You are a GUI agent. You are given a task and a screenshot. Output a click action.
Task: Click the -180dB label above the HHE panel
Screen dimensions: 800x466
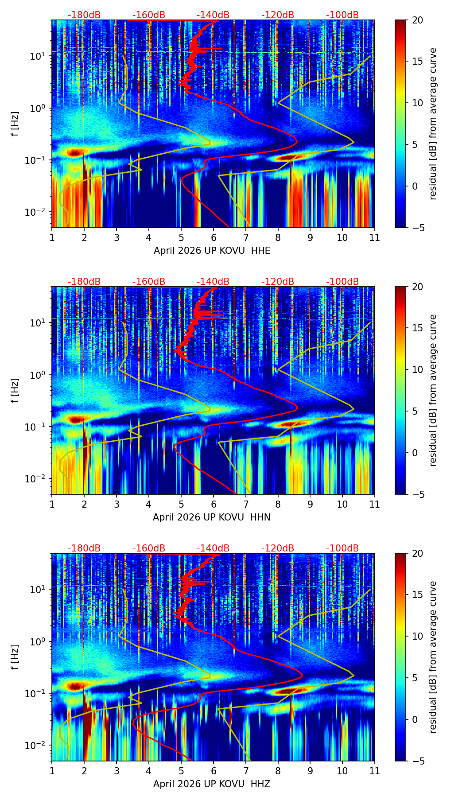pos(84,15)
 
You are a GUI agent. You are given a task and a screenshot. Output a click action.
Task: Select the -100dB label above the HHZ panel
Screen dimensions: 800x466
pos(342,548)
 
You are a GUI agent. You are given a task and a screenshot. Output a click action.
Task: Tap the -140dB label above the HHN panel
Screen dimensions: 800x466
pos(213,282)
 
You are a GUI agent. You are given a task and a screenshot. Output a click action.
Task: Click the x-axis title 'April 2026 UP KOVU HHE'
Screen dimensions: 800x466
pos(212,251)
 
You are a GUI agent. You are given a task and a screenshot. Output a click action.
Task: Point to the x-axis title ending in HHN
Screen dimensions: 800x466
pos(212,517)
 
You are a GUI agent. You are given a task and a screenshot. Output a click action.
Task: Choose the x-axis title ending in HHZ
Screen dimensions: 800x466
pos(212,784)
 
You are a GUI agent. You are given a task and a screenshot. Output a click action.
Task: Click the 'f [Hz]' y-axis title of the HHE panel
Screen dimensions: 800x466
pos(16,124)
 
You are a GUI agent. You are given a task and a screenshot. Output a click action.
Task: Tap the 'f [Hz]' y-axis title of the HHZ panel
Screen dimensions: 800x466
pos(16,657)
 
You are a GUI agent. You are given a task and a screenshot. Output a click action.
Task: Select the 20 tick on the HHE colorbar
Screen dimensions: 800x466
pos(418,20)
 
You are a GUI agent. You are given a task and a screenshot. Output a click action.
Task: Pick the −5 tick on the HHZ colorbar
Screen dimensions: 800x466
pos(418,761)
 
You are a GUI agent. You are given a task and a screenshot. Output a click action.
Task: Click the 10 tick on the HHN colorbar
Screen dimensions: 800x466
pos(418,369)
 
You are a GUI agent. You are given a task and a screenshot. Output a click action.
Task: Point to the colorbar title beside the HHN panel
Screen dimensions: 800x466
pos(433,390)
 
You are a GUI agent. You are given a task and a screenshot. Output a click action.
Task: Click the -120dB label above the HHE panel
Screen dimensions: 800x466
pos(278,15)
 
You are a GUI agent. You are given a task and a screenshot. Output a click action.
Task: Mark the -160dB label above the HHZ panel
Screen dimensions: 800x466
pos(149,548)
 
